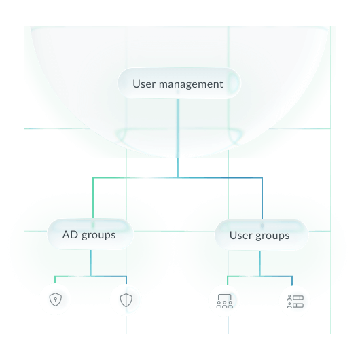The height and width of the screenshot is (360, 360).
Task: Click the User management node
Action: point(178,84)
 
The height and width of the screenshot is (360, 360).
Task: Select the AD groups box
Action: point(90,235)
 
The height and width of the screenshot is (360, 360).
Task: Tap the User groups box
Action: point(260,236)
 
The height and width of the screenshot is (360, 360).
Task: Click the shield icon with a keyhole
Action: point(55,299)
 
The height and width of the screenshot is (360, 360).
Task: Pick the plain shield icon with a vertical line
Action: point(126,300)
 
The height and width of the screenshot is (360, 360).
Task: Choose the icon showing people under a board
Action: point(225,300)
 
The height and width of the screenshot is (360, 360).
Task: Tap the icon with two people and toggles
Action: point(295,300)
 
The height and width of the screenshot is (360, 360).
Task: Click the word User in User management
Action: point(145,84)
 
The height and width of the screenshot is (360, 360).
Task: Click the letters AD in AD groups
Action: point(70,235)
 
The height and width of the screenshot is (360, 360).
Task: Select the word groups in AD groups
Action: point(98,235)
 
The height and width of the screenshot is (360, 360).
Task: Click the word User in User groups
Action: point(241,236)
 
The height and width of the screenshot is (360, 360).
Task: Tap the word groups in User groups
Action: point(273,236)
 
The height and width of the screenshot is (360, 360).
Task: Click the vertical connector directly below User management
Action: point(178,136)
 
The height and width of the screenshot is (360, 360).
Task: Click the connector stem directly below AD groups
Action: point(90,262)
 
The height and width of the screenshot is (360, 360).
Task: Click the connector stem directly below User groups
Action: point(260,262)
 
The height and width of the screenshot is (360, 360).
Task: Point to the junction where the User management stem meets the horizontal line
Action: point(178,177)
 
